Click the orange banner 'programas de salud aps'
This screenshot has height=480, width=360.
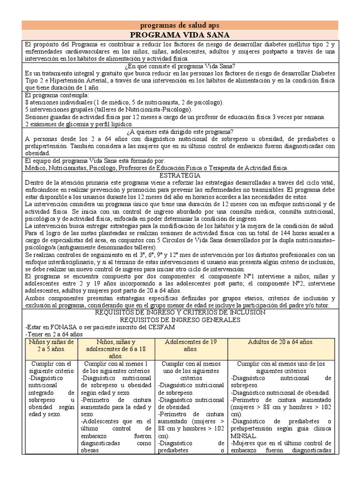click(180, 25)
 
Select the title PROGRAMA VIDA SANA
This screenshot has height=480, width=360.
click(180, 35)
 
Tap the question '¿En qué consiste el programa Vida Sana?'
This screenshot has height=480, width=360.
click(180, 66)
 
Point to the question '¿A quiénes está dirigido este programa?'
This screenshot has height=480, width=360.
click(180, 132)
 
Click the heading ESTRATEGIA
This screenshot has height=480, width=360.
click(180, 175)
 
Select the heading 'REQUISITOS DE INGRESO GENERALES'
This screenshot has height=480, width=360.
click(180, 320)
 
